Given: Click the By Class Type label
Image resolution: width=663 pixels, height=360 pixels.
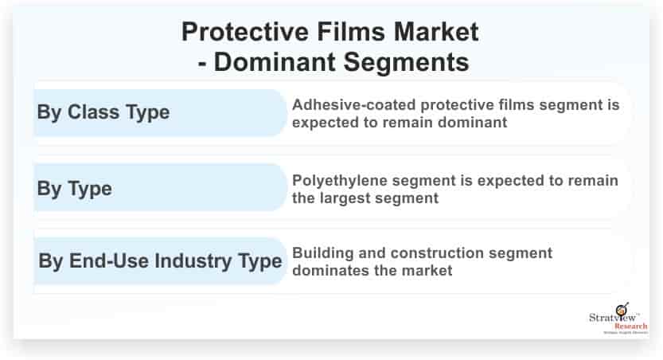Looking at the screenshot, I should pyautogui.click(x=103, y=112).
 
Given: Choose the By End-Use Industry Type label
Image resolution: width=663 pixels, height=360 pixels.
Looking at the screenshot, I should pyautogui.click(x=159, y=261).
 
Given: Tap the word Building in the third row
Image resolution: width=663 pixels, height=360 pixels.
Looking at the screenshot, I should pyautogui.click(x=322, y=253).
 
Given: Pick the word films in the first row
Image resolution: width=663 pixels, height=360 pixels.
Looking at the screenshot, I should pyautogui.click(x=517, y=105).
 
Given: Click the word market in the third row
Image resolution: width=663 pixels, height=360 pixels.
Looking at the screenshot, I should pyautogui.click(x=427, y=271).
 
